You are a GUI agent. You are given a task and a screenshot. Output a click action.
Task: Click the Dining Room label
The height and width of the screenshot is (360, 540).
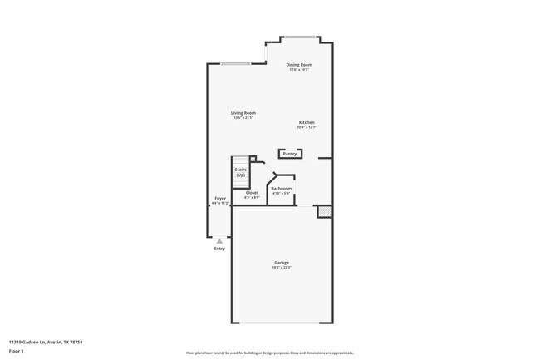299,64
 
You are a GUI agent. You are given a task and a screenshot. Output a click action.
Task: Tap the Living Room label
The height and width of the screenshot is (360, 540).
243,112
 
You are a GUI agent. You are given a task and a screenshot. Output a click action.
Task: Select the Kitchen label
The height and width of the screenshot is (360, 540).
307,122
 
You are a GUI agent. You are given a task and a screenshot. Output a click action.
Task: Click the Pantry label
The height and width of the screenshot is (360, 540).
290,154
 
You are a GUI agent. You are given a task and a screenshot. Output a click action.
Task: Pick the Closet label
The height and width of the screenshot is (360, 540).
252,192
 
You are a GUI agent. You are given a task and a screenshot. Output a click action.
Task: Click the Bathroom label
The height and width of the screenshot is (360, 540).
281,188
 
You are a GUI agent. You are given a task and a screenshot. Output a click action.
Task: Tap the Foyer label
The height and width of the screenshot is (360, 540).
220,198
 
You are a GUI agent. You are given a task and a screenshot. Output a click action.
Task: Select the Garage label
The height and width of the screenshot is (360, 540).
282,263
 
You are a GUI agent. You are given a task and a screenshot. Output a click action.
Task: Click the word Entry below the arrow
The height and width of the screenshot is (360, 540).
219,249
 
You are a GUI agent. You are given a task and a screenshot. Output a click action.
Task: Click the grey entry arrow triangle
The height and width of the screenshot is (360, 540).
219,241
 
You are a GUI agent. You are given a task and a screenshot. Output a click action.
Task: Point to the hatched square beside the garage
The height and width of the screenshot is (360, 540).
323,213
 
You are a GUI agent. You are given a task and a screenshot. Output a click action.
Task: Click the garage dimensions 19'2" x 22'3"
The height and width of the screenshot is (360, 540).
282,268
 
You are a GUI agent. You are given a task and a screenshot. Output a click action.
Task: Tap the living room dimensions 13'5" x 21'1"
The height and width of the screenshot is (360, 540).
243,118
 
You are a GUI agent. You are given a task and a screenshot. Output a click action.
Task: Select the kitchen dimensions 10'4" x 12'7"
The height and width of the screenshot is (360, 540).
307,127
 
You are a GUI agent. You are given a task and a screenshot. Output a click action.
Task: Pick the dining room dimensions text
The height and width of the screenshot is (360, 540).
299,69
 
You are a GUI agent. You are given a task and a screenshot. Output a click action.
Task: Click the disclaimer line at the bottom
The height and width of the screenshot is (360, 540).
269,353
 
